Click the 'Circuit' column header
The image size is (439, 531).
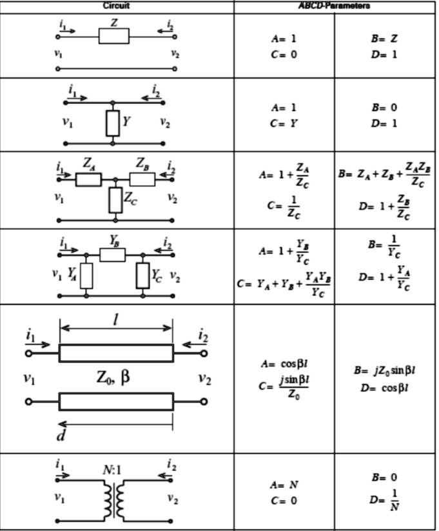point(116,6)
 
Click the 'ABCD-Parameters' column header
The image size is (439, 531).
point(334,6)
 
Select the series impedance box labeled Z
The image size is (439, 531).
point(113,36)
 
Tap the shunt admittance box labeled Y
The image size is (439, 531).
point(113,123)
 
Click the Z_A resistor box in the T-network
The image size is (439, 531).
point(88,179)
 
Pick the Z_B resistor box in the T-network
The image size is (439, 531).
point(142,179)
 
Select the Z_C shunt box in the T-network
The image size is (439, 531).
point(115,200)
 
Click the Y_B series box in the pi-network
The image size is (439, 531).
point(112,255)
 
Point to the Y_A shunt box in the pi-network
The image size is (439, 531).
point(86,276)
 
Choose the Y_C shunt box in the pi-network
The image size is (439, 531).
point(142,276)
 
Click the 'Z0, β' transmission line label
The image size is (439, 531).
point(113,377)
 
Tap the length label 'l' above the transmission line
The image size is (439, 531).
point(116,320)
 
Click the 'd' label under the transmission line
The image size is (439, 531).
point(60,436)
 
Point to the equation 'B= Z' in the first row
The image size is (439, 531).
point(384,39)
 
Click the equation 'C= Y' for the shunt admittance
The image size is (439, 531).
point(284,124)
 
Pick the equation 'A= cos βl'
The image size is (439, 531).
point(284,364)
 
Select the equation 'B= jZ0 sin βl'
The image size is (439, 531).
point(384,370)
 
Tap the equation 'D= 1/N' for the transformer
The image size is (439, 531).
point(384,499)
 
